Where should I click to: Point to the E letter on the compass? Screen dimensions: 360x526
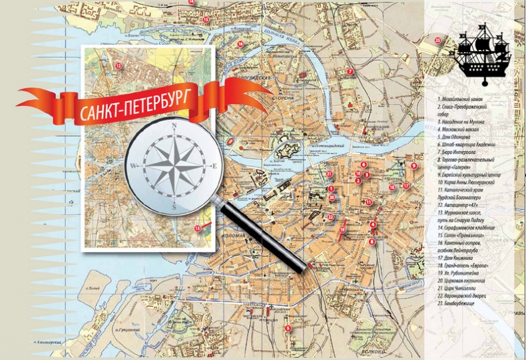214,166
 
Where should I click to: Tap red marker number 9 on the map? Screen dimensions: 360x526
413,166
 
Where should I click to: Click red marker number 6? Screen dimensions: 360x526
364,164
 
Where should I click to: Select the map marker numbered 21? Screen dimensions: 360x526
330,174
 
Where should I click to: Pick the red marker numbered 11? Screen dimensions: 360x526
368,202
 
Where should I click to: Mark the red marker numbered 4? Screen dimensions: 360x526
373,225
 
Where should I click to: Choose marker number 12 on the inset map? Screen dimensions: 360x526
118,65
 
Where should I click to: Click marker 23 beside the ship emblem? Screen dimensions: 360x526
437,40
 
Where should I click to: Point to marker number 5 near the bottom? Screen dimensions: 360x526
287,327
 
